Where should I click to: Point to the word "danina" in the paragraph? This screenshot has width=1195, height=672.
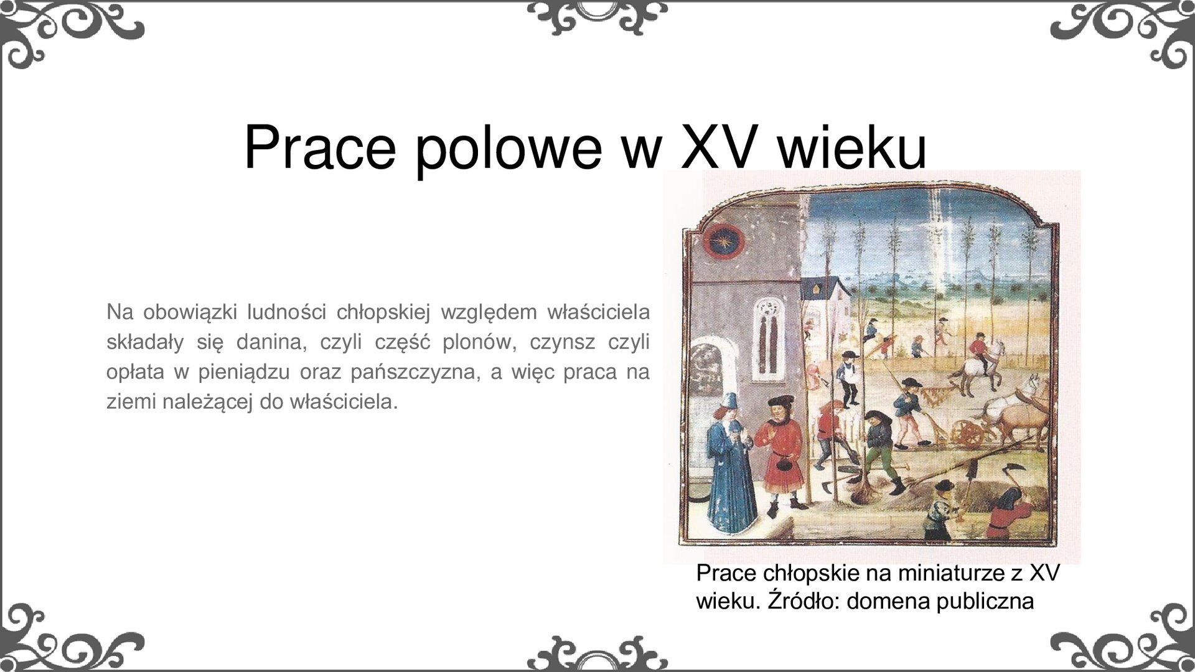click(x=274, y=342)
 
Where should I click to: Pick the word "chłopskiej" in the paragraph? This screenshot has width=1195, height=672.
click(x=383, y=312)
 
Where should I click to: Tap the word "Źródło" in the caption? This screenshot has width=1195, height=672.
click(x=804, y=601)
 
